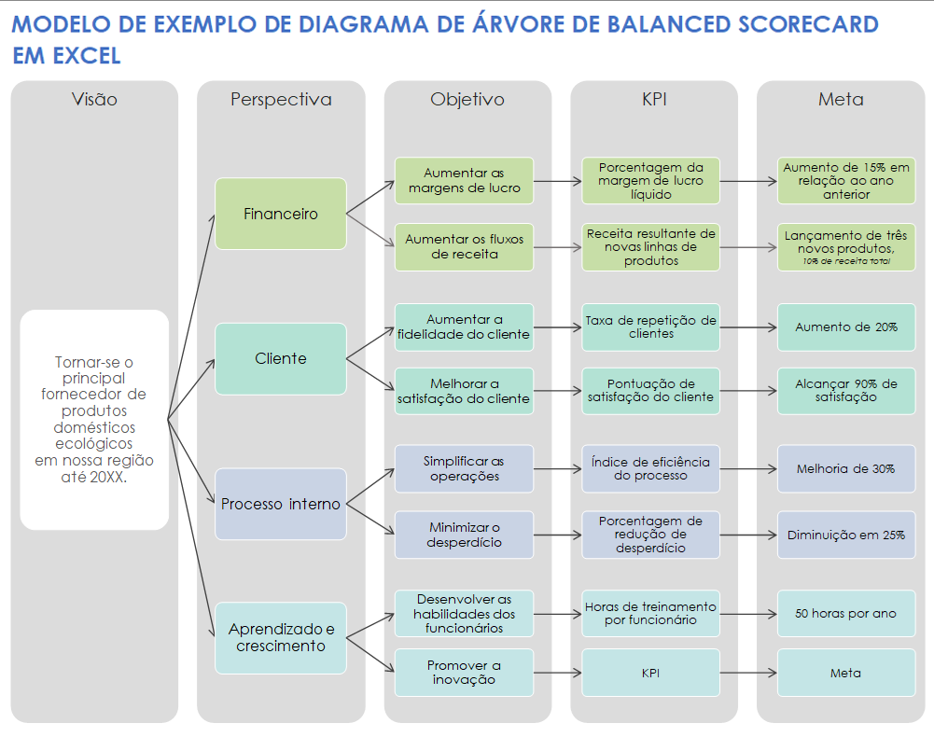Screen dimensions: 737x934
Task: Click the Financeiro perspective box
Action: (x=281, y=214)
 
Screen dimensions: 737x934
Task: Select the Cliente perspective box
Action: (x=281, y=358)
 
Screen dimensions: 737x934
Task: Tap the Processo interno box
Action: (x=281, y=504)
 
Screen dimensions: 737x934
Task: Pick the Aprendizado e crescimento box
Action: (x=281, y=638)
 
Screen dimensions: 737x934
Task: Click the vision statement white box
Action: (x=94, y=420)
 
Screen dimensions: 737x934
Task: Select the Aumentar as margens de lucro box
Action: (x=464, y=180)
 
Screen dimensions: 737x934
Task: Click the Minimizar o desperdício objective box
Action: (x=464, y=535)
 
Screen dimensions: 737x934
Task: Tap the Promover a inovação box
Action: (x=464, y=673)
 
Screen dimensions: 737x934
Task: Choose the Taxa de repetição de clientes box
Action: (x=650, y=327)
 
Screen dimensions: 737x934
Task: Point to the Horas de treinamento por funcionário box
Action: (x=650, y=613)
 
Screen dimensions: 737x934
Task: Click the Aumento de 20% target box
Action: (x=846, y=327)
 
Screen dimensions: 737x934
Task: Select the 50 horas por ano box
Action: (x=846, y=613)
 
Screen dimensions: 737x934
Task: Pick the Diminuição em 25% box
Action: (x=846, y=535)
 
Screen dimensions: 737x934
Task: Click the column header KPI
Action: (x=653, y=99)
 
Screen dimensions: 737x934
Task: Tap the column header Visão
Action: (x=94, y=99)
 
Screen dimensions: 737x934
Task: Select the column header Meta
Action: (x=840, y=99)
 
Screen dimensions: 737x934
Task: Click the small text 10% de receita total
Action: (x=846, y=262)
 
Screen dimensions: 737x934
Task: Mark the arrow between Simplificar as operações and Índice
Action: (x=557, y=468)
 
